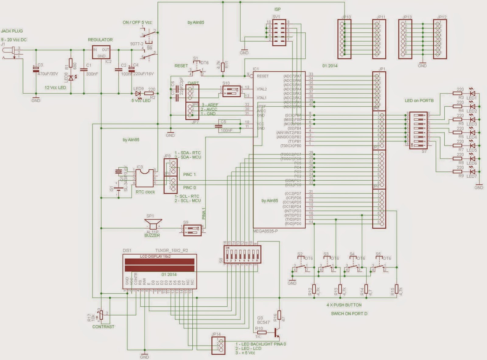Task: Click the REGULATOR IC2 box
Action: coord(101,52)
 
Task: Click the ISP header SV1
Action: coord(279,33)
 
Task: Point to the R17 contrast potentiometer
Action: coord(101,315)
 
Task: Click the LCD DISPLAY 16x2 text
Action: coord(155,256)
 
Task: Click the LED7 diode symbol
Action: coord(472,172)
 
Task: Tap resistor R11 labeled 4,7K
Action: coord(223,67)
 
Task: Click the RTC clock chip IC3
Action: coord(144,178)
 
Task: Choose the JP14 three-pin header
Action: coord(218,345)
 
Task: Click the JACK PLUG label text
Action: coord(12,31)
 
